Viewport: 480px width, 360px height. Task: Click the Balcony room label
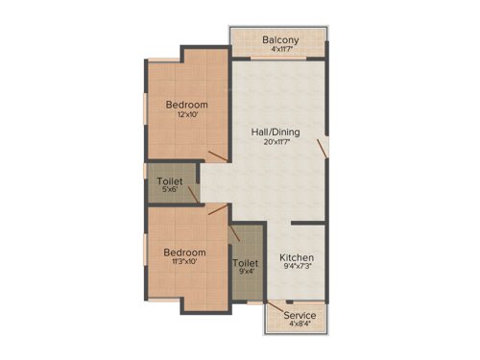point(280,39)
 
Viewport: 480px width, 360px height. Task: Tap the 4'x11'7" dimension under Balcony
point(280,50)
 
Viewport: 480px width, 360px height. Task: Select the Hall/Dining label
point(273,132)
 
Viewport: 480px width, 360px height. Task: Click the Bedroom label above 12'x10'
point(186,104)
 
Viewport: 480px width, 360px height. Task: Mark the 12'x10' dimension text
point(186,115)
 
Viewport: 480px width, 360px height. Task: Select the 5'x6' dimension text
point(171,189)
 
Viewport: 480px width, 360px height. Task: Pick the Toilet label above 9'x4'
point(246,262)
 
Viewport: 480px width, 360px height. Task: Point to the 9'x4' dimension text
point(246,273)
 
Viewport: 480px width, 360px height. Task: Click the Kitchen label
point(297,258)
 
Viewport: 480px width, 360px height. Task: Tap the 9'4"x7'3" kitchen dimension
point(297,269)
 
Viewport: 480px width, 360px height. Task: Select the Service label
point(300,315)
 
